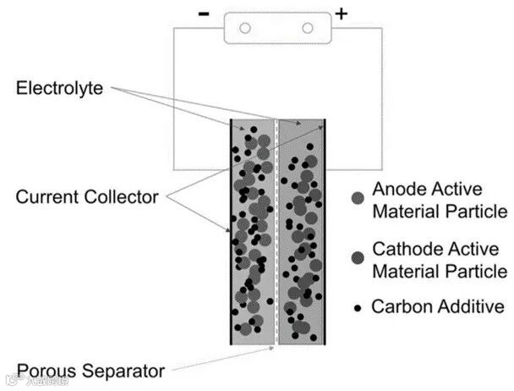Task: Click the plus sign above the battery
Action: [342, 13]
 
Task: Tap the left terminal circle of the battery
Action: [245, 28]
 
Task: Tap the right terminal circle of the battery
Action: [306, 28]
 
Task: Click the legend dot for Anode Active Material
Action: [356, 199]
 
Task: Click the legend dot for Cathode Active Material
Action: [356, 257]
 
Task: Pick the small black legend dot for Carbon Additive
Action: [356, 307]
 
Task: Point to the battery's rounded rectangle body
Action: [276, 28]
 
